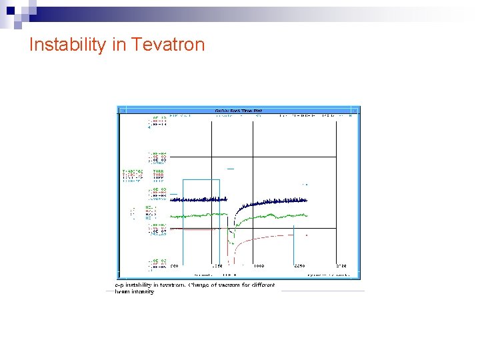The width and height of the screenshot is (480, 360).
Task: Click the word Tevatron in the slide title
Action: pos(168,45)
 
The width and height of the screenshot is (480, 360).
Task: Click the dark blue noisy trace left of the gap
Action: pos(200,199)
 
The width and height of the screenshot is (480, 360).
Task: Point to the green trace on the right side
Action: pos(280,215)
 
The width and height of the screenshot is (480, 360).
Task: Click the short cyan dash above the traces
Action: pos(231,169)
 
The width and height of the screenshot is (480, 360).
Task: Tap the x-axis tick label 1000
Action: pos(257,266)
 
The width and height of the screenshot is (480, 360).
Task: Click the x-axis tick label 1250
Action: pos(217,266)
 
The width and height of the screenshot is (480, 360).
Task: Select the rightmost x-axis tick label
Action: pos(341,266)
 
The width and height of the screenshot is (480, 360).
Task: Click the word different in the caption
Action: pos(260,285)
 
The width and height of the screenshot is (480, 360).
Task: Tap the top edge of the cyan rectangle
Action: pos(201,179)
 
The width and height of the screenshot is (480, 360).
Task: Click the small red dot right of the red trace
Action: pos(306,235)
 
